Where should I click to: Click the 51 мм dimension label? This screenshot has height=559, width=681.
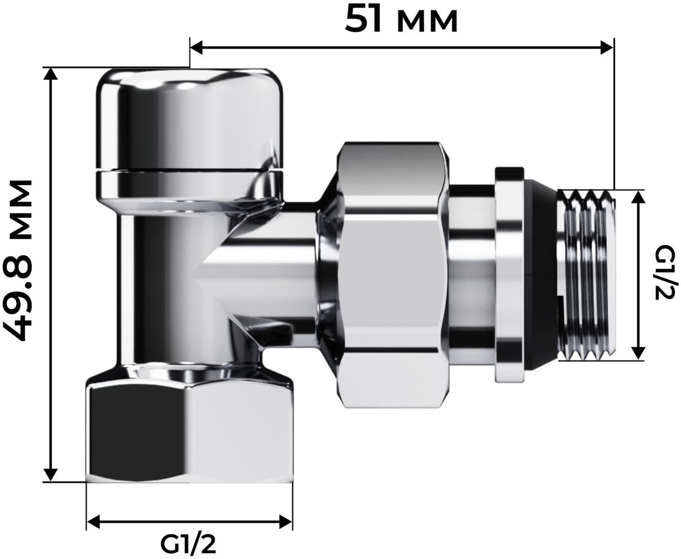click(401, 20)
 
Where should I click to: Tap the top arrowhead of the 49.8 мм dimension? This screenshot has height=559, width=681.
click(50, 75)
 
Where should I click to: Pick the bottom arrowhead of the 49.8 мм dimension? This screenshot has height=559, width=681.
click(50, 475)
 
